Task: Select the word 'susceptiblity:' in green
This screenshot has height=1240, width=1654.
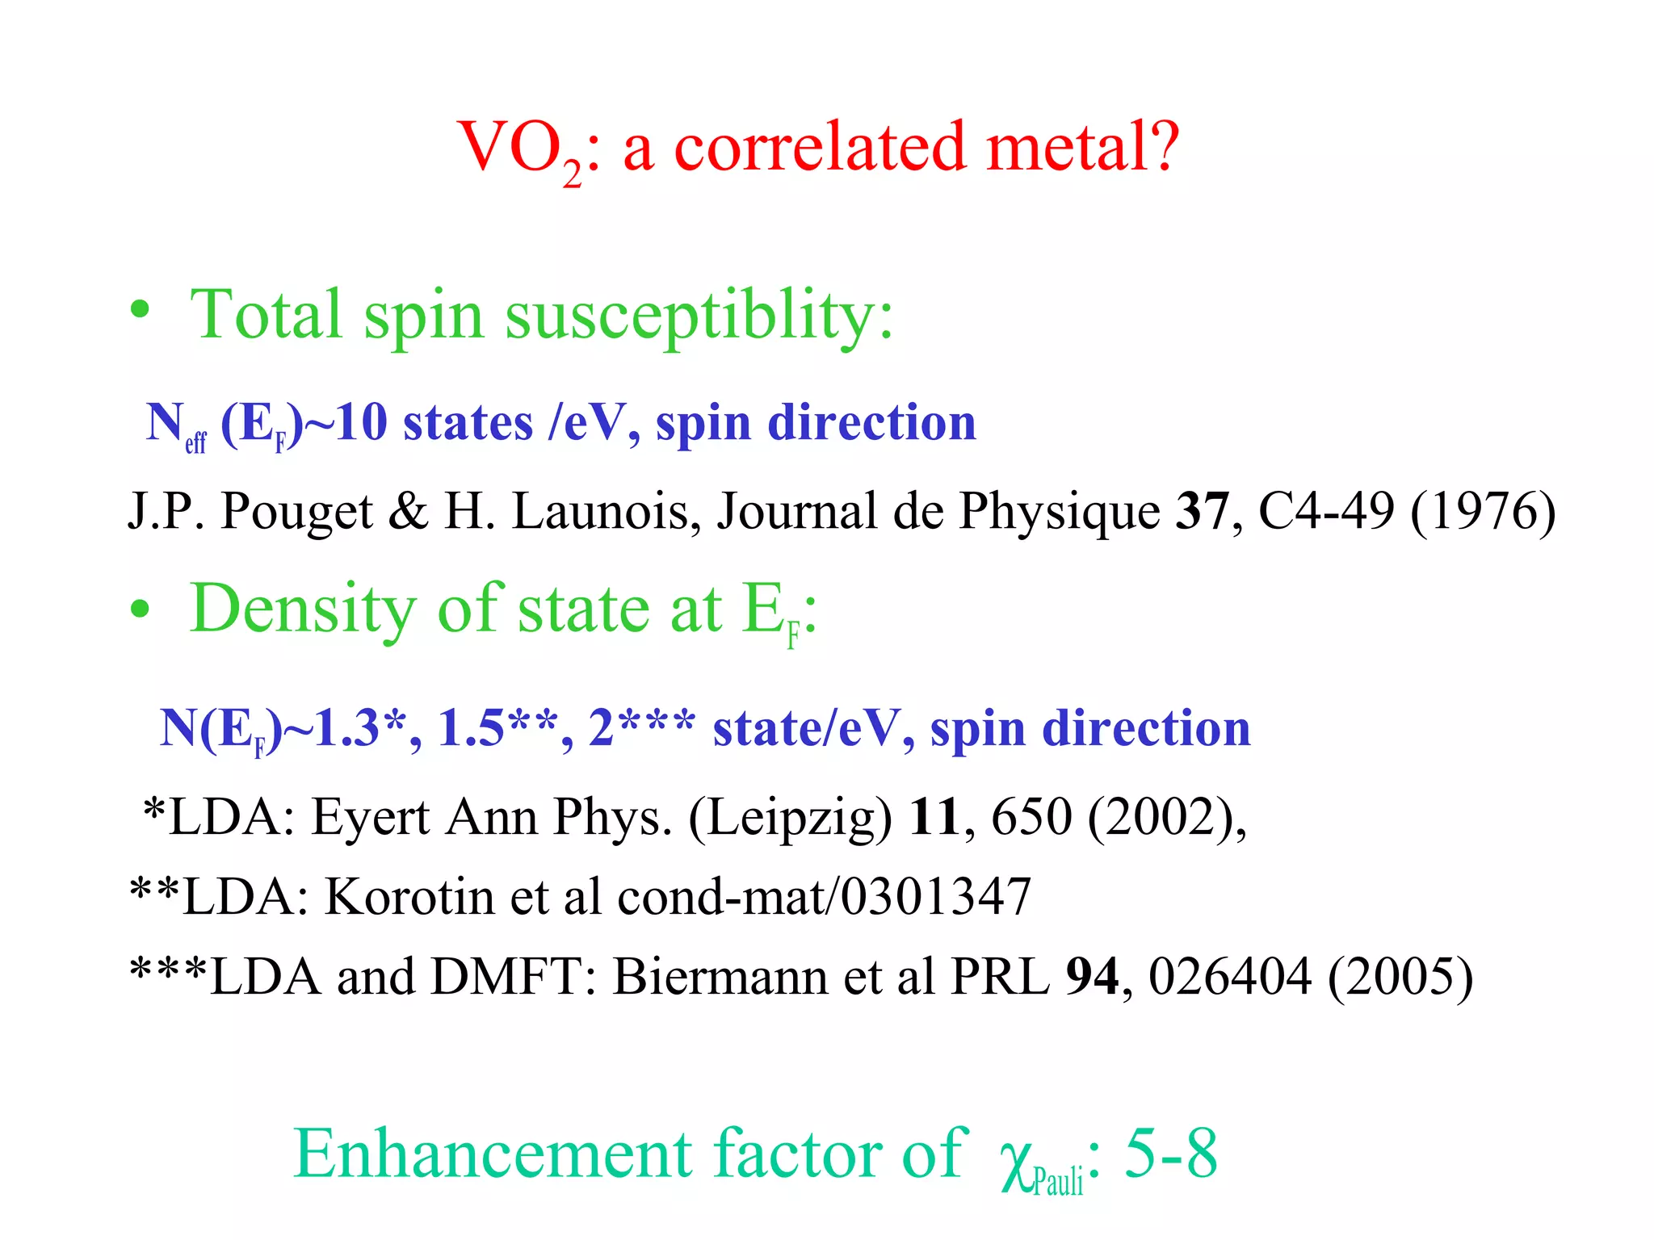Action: coord(699,316)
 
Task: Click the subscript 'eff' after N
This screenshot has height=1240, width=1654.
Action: coord(195,442)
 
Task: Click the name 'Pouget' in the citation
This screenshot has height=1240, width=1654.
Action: coord(296,512)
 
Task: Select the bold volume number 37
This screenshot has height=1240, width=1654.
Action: coord(1202,510)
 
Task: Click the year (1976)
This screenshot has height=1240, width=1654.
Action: coord(1483,512)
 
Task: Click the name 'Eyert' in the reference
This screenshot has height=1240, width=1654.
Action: coord(371,817)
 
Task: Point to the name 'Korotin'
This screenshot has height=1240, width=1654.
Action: coord(408,896)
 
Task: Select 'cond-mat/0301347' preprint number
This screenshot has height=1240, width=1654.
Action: coord(824,896)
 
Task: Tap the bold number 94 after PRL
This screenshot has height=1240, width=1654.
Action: coord(1091,977)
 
